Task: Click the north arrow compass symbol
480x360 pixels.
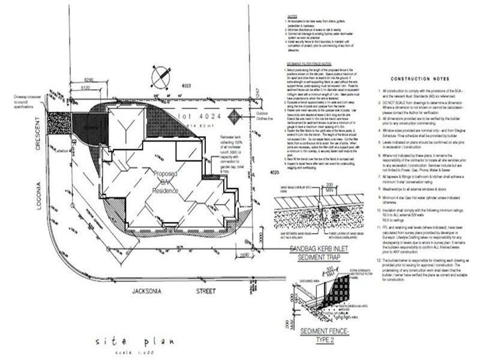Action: (x=160, y=77)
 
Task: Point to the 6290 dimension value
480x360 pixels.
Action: (x=89, y=79)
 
